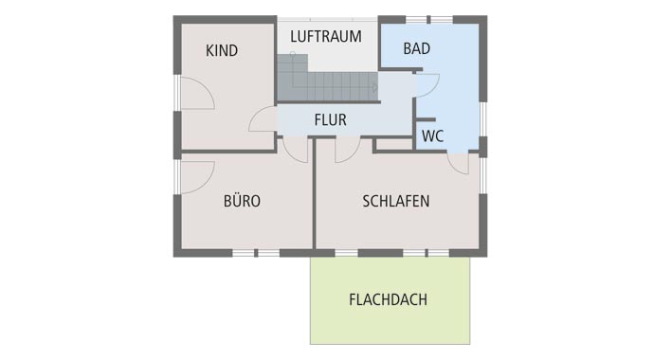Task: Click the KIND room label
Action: [x=222, y=50]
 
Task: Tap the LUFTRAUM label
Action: [x=326, y=37]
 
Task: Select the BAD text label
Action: [x=417, y=48]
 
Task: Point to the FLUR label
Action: [x=330, y=120]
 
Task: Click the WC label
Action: [x=432, y=135]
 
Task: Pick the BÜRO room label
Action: [x=242, y=201]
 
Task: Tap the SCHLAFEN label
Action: [x=396, y=201]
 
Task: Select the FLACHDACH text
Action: [x=388, y=299]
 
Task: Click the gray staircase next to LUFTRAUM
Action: [x=322, y=80]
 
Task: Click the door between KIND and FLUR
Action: [x=263, y=119]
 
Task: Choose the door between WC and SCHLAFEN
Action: [x=458, y=162]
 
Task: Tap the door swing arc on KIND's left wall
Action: [x=196, y=94]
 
